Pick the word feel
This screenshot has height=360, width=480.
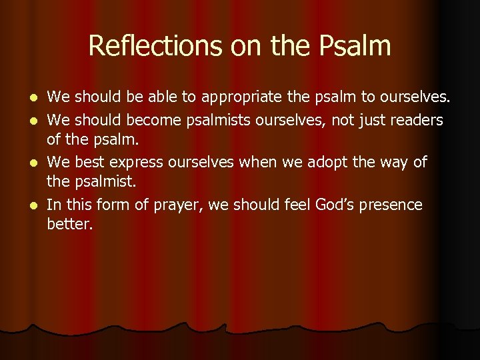coord(277,205)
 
